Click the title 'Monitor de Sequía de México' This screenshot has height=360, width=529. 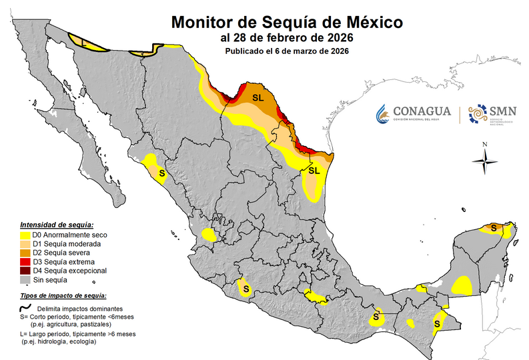point(287,21)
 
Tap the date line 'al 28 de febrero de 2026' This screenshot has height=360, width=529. point(286,37)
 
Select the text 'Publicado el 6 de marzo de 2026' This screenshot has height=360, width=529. point(286,51)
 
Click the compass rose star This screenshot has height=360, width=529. point(486,160)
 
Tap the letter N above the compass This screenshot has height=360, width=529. point(486,145)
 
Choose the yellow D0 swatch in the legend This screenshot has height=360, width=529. point(26,235)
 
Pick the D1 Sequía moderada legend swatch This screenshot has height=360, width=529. point(26,245)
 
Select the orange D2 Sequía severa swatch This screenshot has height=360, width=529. point(26,253)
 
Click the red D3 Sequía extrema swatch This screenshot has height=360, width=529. point(26,263)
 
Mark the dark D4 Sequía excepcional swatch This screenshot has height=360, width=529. point(26,271)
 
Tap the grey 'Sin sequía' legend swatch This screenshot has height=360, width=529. point(26,281)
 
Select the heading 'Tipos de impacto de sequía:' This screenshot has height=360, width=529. point(64,295)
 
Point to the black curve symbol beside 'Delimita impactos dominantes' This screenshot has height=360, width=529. point(26,309)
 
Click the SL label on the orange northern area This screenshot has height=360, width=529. point(259,98)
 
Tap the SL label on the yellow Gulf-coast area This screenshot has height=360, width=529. point(314,171)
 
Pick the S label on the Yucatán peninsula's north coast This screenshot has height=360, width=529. point(494,228)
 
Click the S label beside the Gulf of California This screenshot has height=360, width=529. point(162,173)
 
